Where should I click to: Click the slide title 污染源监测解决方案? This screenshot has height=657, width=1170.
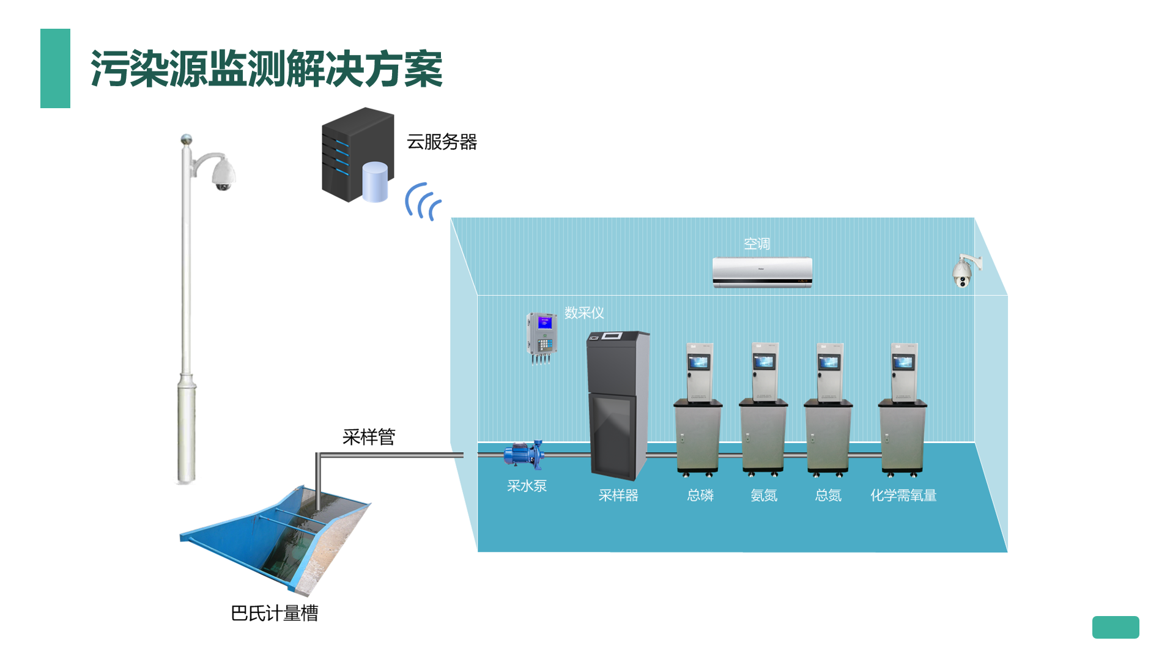pos(266,69)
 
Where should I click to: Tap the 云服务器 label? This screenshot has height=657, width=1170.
pos(442,142)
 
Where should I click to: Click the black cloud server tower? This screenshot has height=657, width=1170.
pos(357,154)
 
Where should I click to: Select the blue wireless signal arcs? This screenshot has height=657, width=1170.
pos(423,201)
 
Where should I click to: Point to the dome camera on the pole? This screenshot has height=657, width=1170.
pos(223,174)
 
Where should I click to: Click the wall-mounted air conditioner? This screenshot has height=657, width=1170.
pos(762,272)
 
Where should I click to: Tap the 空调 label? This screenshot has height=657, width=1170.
pos(757,244)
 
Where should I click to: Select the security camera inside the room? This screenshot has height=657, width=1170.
pos(964,271)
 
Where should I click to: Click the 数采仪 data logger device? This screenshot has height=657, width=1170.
pos(541,336)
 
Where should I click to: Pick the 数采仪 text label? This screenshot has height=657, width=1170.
pos(584,313)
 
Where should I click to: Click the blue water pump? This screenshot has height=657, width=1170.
pos(523,454)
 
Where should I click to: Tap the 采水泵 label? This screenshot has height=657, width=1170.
pos(527,486)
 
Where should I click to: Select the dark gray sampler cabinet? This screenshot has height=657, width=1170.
pos(617,403)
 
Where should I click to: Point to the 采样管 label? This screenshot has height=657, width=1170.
pos(369,437)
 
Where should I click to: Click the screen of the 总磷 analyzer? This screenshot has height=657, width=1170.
pos(698,362)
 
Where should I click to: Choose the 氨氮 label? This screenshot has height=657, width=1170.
pos(764,495)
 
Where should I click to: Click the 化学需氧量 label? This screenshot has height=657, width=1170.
pos(903,495)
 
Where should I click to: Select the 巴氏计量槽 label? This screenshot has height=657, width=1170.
pos(275,613)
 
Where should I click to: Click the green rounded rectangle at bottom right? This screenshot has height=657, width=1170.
pos(1115,627)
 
